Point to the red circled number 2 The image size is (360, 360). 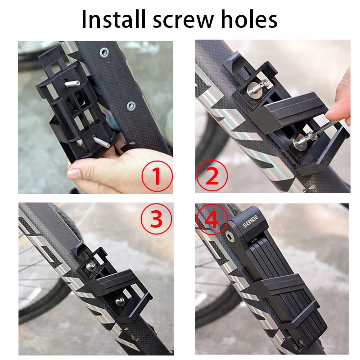pos(211,176)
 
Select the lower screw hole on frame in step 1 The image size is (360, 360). pos(131,106)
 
